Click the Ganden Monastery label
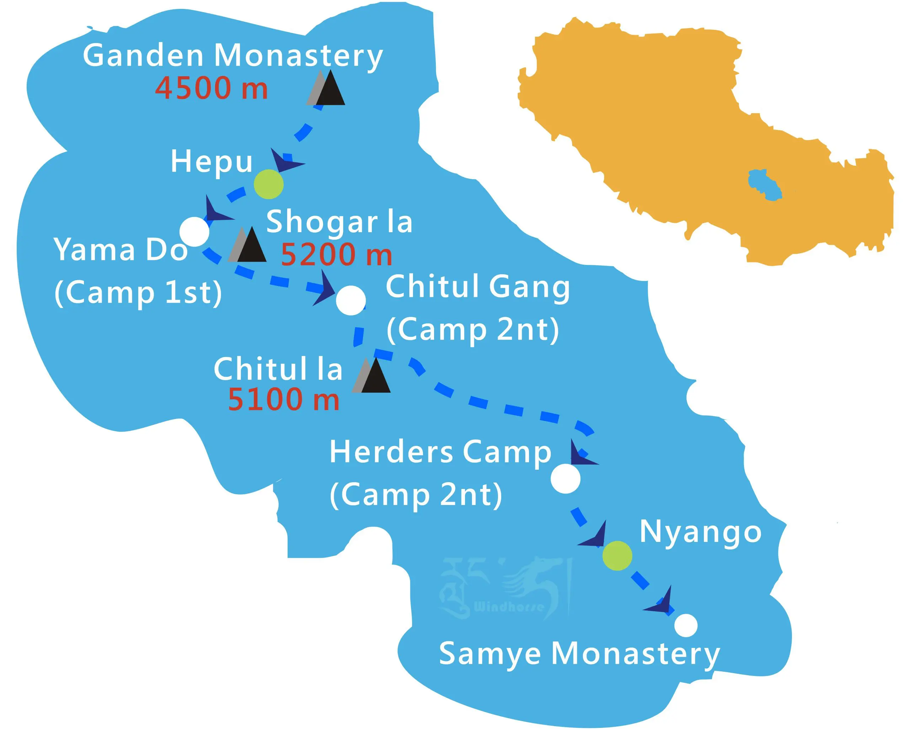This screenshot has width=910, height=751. click(233, 56)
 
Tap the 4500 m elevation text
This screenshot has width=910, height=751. click(212, 89)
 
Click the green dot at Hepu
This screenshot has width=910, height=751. click(269, 184)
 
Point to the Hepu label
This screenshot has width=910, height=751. click(211, 162)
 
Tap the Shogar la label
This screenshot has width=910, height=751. click(339, 222)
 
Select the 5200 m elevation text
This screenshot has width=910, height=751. click(337, 255)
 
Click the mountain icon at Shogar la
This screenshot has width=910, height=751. click(248, 246)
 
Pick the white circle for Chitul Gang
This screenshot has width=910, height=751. click(351, 300)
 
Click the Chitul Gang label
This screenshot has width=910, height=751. click(477, 287)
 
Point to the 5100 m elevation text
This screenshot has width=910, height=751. click(283, 399)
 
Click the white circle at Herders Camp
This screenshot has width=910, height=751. click(565, 479)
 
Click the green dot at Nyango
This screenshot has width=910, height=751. click(617, 555)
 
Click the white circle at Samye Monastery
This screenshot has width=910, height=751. click(686, 625)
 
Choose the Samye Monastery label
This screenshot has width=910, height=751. click(579, 654)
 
